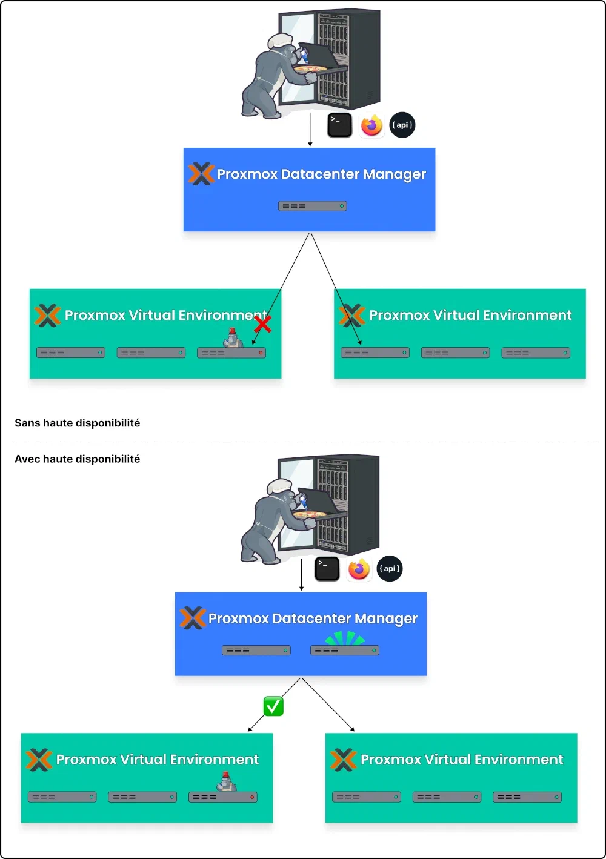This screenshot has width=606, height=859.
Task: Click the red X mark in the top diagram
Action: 262,324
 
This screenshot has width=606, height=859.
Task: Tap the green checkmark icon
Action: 273,706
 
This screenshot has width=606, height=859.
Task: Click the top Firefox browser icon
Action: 371,125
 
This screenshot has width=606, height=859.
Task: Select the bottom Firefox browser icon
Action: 359,569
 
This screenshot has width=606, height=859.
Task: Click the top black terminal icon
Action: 339,125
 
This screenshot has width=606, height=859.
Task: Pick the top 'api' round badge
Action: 402,125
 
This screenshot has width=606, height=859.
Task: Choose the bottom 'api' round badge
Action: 390,569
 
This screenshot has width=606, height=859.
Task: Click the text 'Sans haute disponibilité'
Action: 77,423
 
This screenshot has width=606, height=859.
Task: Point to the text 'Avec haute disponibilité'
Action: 77,459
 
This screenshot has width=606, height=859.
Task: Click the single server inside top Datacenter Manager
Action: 312,206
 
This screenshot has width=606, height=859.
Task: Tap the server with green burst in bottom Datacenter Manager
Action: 344,650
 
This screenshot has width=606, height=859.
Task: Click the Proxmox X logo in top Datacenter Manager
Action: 201,174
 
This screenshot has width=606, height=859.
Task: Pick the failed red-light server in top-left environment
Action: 231,353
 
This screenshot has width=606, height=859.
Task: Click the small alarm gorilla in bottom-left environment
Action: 226,782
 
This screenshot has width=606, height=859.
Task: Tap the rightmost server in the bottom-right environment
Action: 527,797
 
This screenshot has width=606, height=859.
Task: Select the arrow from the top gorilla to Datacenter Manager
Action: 310,130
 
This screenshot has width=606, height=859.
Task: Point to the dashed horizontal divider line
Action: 303,442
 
